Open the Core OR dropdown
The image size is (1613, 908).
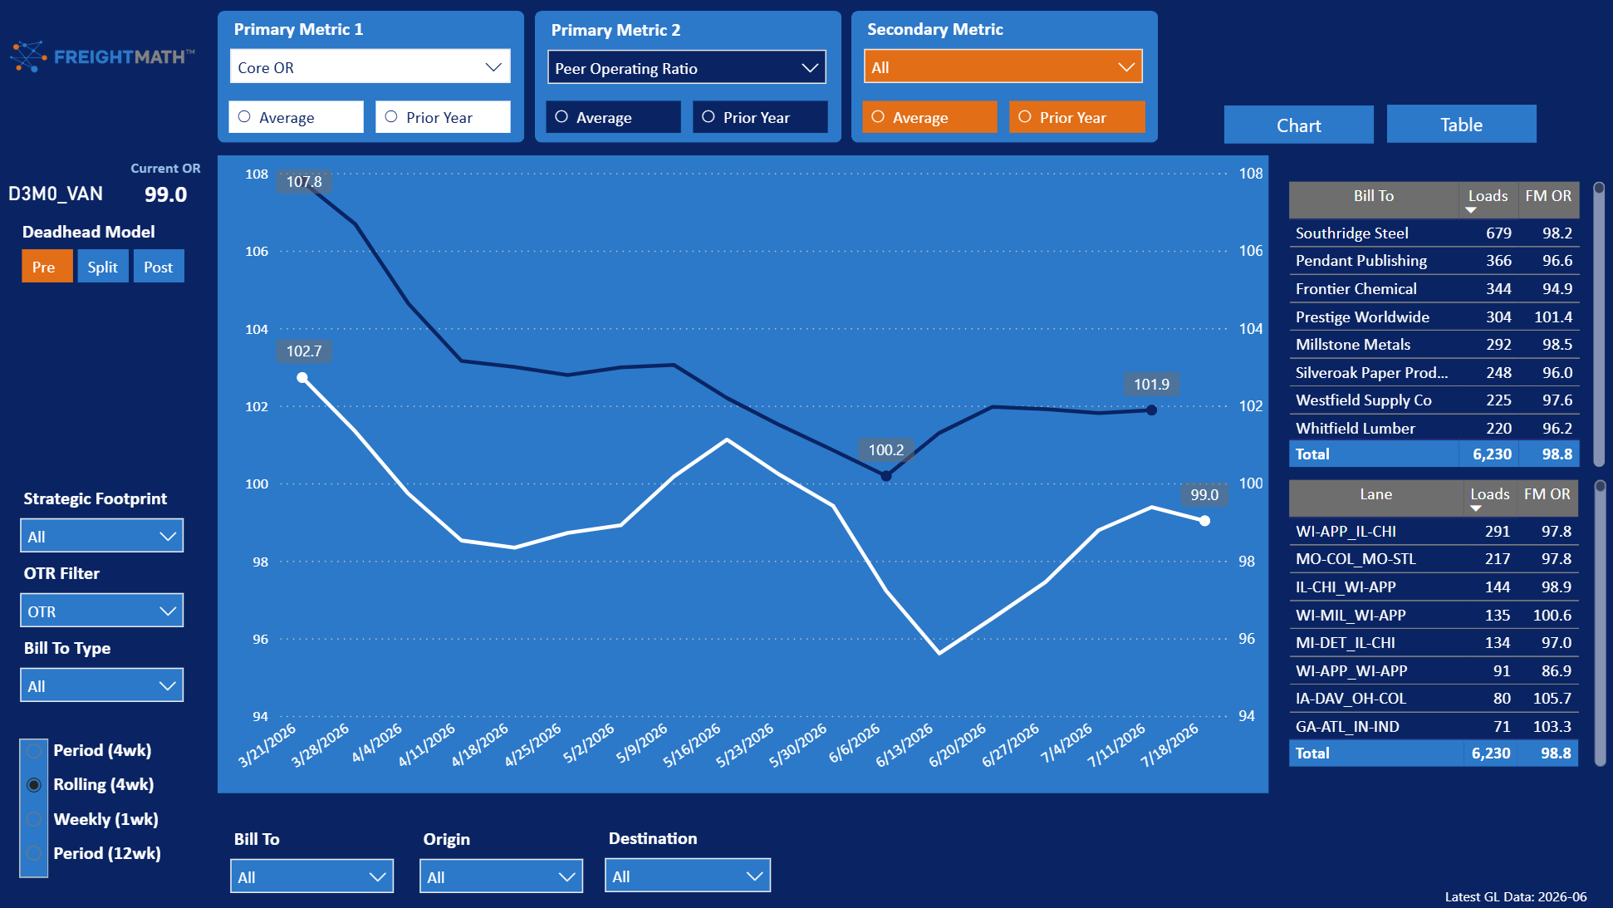tap(370, 67)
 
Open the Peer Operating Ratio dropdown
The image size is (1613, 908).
tap(686, 68)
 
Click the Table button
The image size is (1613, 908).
tap(1461, 125)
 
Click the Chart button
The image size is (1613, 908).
tap(1298, 125)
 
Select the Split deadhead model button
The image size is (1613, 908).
tap(103, 267)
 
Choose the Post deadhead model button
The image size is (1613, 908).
tap(159, 267)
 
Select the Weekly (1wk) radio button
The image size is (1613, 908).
tap(34, 819)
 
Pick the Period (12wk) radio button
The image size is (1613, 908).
tap(34, 853)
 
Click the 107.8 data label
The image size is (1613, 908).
tap(304, 181)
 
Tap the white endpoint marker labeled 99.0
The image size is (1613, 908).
tap(1204, 521)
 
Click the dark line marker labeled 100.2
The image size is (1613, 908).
tap(886, 476)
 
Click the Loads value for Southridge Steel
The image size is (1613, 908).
tap(1498, 233)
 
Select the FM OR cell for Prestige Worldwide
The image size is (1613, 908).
tap(1553, 317)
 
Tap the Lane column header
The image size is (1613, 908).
tap(1375, 494)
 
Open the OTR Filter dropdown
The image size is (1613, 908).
tap(101, 611)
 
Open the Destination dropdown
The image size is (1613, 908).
tap(688, 876)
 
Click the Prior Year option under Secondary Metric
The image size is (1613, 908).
tap(1076, 117)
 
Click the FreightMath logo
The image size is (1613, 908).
tap(102, 56)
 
